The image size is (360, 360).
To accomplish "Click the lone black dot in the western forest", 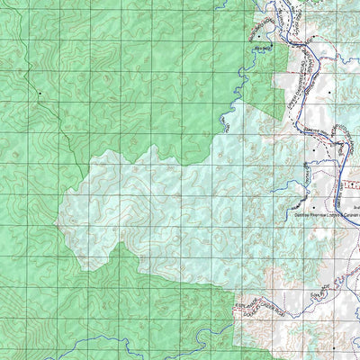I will coord(40,94).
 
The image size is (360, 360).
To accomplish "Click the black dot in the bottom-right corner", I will coord(334,346).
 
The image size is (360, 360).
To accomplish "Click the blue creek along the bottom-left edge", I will coord(54,346).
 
